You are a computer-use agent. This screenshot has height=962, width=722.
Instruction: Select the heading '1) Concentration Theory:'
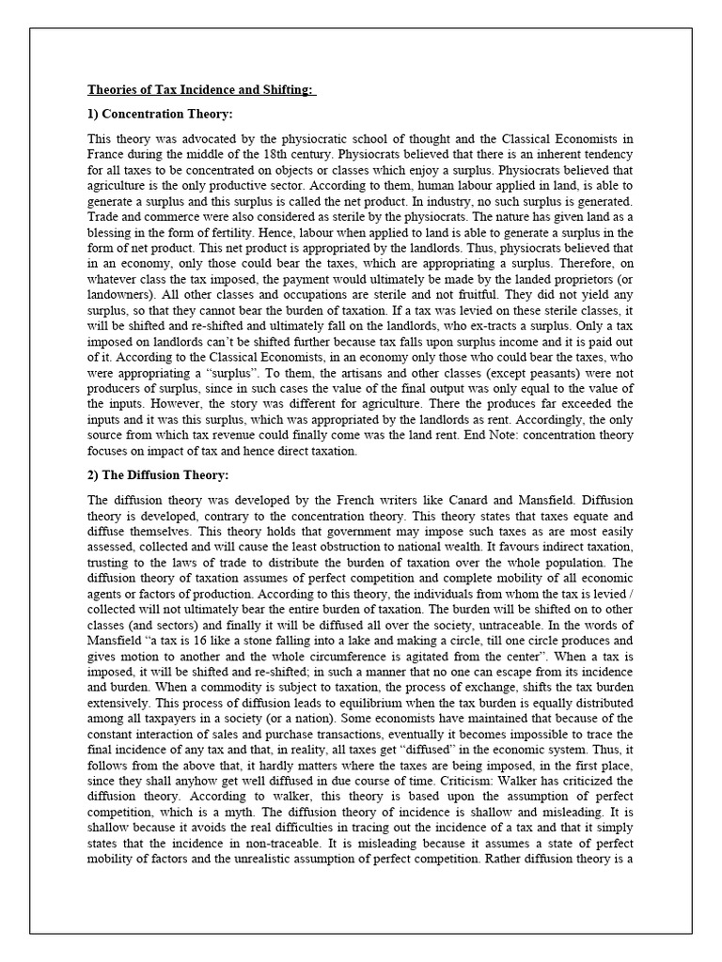coord(160,115)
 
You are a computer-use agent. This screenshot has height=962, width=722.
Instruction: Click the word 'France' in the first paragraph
coord(108,153)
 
